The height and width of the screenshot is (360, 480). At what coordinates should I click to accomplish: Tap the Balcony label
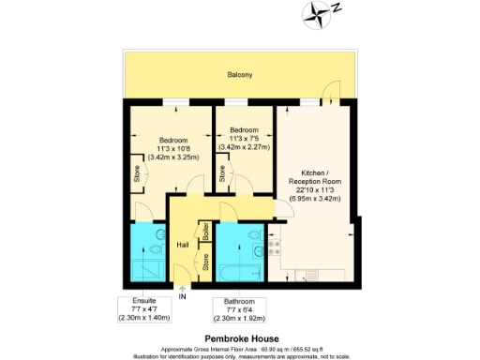(x=239, y=74)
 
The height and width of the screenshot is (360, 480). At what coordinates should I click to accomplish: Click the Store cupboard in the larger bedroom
(x=136, y=174)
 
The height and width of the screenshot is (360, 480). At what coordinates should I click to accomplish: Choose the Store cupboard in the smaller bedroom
(x=222, y=174)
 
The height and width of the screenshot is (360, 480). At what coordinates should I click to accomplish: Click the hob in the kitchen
(x=276, y=247)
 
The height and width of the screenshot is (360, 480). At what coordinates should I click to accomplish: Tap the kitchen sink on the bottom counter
(x=305, y=275)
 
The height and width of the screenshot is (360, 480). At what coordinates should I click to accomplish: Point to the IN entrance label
(x=183, y=297)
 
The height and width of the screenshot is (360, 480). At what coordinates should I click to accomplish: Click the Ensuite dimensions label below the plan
(x=139, y=309)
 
